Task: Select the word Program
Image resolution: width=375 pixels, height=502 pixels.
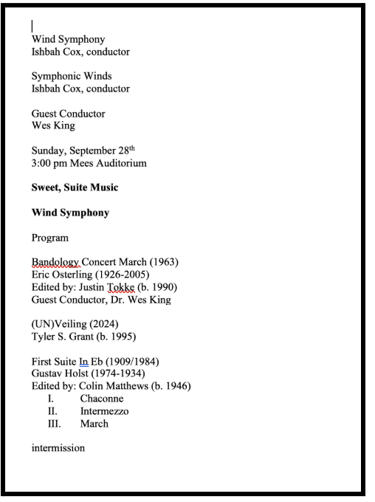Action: pos(49,238)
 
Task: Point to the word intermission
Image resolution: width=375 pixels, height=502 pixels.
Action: pos(58,448)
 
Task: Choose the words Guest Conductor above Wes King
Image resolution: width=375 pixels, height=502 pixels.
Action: pos(68,114)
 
